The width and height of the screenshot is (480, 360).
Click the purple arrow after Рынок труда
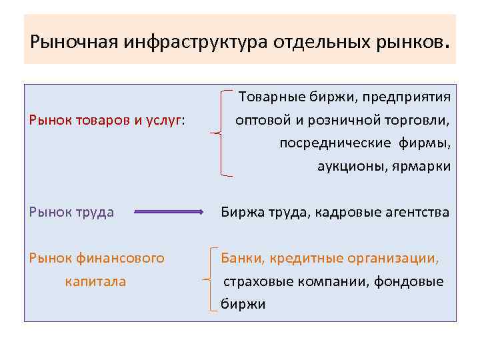(x=170, y=212)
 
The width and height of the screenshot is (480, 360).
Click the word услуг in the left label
(x=165, y=120)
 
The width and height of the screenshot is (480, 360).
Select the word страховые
(x=253, y=281)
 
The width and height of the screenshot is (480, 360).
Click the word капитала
(x=95, y=281)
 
